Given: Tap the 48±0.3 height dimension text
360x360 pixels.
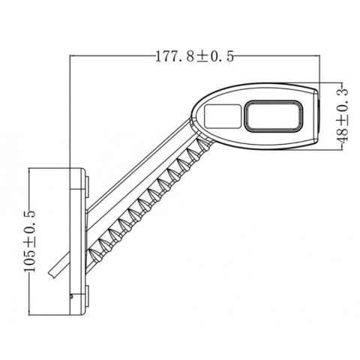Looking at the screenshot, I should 343,115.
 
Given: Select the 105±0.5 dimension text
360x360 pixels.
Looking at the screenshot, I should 30,237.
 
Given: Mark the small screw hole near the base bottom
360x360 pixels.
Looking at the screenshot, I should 70,295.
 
